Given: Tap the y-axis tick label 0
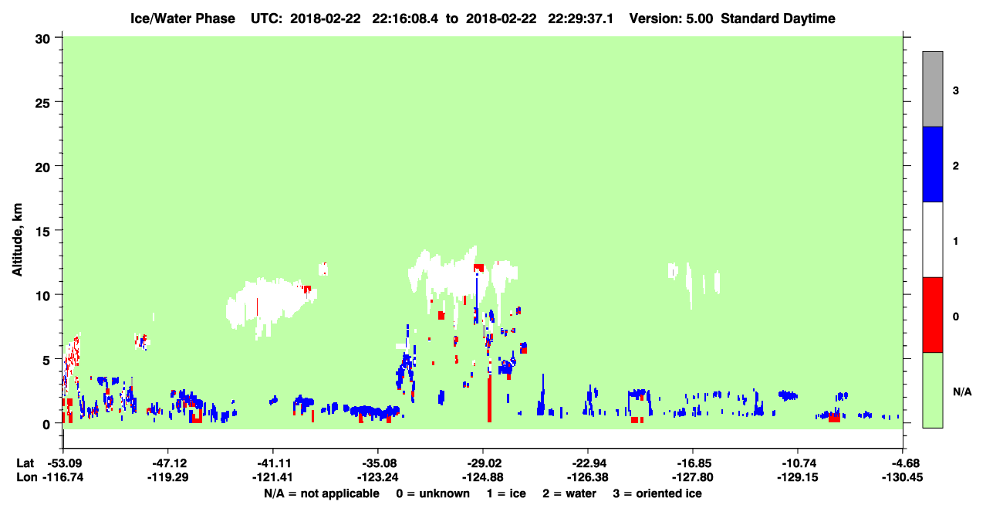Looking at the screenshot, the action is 46,425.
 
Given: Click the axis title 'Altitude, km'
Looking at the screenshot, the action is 17,239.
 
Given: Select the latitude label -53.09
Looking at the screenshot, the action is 63,463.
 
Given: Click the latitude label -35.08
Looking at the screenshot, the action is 378,463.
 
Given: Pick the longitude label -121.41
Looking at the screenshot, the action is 272,477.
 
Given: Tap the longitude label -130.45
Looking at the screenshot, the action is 902,477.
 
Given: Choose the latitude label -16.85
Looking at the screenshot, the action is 693,463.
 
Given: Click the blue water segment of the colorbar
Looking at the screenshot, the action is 933,164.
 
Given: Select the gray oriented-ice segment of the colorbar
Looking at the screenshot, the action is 933,89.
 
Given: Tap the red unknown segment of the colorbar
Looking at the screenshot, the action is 933,315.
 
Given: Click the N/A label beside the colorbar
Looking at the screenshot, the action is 962,392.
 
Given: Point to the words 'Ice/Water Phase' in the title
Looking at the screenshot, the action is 183,19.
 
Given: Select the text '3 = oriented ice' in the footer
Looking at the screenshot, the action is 657,493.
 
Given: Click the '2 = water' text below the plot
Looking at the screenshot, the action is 569,493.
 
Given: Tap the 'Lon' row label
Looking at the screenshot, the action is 27,477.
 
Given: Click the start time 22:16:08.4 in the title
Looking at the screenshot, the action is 405,19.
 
